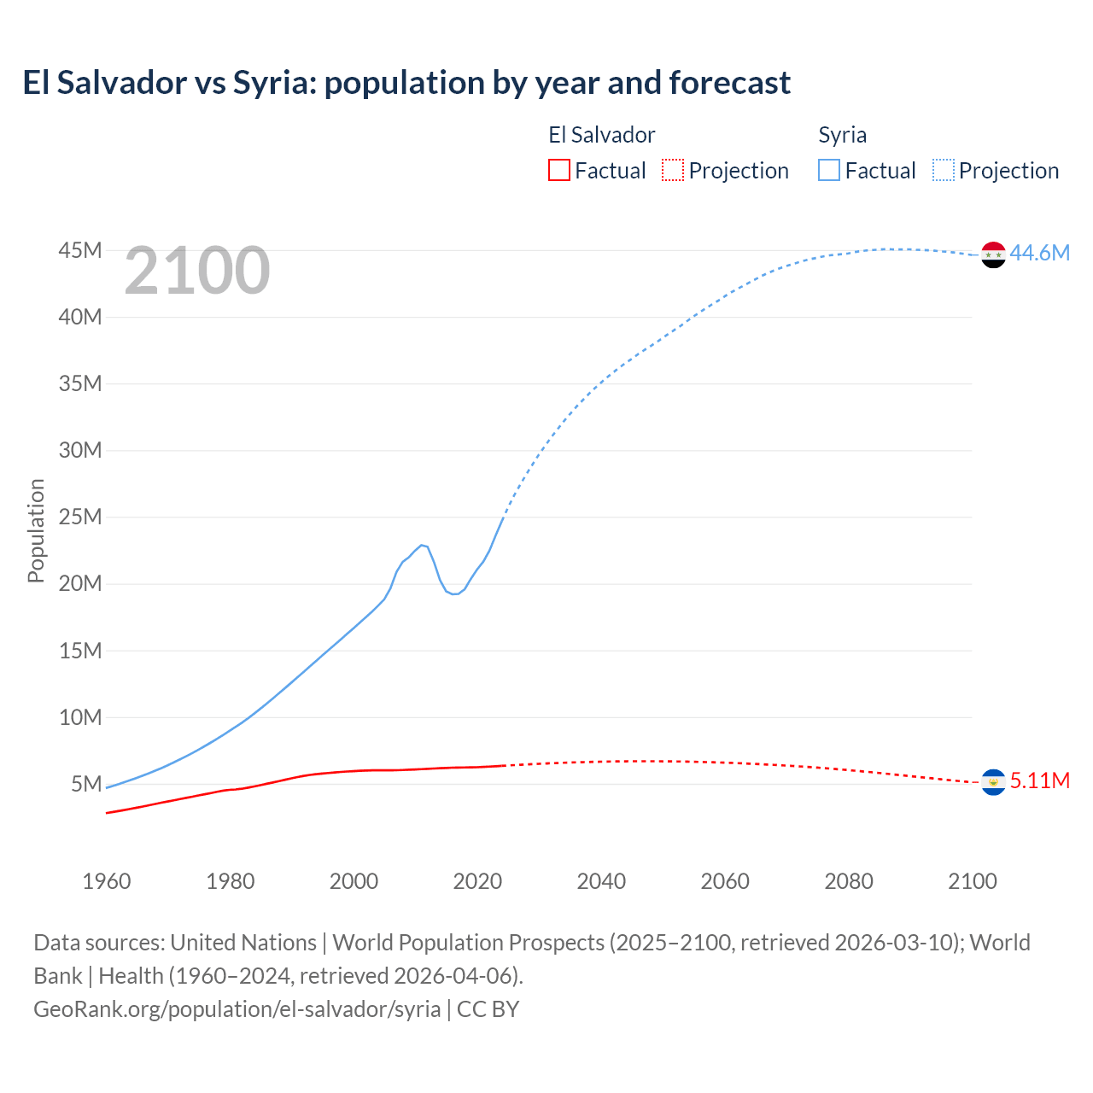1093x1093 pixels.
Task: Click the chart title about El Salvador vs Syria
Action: [x=406, y=83]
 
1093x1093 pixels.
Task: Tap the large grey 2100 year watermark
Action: [x=197, y=271]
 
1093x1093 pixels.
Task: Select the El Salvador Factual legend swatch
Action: [x=558, y=170]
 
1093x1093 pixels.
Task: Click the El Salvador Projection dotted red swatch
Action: [x=673, y=170]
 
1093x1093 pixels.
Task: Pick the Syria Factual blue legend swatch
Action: [x=828, y=170]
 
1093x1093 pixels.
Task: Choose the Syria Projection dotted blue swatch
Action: [x=943, y=170]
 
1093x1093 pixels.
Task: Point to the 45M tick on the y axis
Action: [x=79, y=250]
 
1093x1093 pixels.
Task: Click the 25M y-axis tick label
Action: [x=79, y=517]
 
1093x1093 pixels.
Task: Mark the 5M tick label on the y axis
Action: [x=85, y=784]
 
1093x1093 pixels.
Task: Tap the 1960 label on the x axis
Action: [x=107, y=881]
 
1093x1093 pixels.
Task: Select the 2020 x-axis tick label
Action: [x=477, y=881]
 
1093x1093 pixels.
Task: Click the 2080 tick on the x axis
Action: [x=849, y=881]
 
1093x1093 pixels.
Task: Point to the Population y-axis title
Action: [x=36, y=530]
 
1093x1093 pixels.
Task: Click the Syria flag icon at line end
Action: [x=993, y=254]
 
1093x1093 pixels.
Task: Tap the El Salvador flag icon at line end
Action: [x=993, y=782]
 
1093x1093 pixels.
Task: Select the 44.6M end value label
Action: [x=1039, y=253]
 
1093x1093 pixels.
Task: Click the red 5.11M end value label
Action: [x=1039, y=781]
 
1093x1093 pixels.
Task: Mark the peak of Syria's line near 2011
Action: [x=421, y=545]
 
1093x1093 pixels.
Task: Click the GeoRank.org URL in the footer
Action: [x=237, y=1008]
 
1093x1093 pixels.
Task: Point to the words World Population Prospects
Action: [x=468, y=942]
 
